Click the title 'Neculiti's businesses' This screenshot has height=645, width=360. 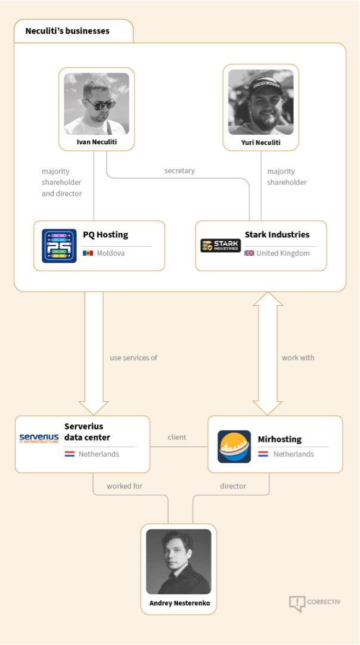pos(67,31)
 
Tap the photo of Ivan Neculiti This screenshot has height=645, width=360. pos(96,103)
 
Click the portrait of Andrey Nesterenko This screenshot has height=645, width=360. pos(179,561)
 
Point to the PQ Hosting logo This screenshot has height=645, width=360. pos(59,246)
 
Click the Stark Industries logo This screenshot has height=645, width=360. pos(221,246)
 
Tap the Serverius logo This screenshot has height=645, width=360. pos(39,439)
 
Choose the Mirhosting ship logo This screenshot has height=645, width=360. pos(234,446)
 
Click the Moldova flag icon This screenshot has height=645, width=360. pos(88,253)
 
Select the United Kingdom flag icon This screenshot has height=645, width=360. pos(249,253)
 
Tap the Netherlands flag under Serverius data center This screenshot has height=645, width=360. pos(70,454)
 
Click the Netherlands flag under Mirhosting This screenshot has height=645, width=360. pos(263,454)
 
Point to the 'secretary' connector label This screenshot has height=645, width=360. pos(179,171)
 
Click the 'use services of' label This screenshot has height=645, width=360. pos(134,358)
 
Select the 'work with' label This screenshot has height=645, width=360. pos(298,358)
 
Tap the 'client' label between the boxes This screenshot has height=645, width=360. pos(177,438)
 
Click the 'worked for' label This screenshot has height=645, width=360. pos(125,486)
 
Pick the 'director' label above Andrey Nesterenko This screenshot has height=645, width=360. pos(233,486)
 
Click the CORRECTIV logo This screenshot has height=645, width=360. pos(315,603)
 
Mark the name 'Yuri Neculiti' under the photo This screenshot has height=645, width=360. pos(260,143)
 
